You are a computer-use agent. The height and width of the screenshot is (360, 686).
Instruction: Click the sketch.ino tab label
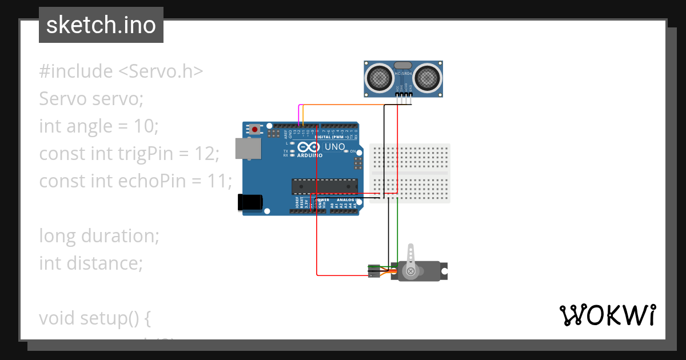[101, 25]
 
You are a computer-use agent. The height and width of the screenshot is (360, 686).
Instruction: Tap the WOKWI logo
[607, 315]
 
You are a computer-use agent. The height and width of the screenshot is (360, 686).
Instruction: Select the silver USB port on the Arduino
[248, 149]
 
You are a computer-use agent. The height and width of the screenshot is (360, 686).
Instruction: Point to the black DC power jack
[250, 202]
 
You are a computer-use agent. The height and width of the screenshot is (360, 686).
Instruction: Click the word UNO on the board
[334, 147]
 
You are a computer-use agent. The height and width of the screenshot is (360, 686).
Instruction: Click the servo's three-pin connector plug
[374, 271]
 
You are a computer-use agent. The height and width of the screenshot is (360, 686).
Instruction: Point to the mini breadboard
[410, 173]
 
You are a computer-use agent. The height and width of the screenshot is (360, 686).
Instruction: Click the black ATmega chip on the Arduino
[324, 186]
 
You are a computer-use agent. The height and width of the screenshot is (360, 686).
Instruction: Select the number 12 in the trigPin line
[204, 154]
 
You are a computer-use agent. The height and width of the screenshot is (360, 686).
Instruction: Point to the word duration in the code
[120, 236]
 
